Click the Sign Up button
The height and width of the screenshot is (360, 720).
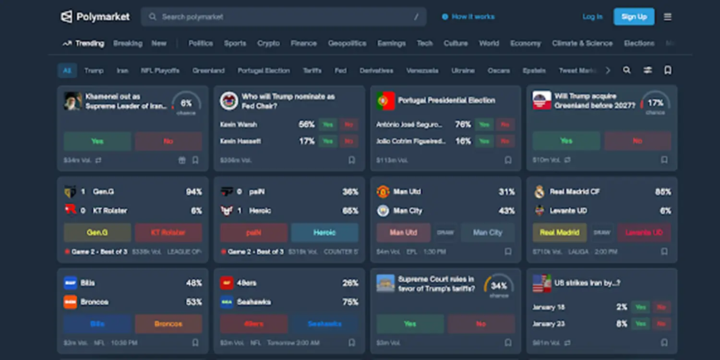[634, 17]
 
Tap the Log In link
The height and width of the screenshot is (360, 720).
[592, 17]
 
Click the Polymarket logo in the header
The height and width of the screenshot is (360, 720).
[95, 17]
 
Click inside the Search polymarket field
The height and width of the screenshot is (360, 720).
[283, 17]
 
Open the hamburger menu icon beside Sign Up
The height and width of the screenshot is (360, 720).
[668, 17]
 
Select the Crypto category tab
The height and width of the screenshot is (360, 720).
[268, 43]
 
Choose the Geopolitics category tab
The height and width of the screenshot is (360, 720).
[347, 43]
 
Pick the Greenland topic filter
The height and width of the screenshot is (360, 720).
[208, 71]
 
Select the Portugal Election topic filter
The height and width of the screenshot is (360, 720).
[264, 71]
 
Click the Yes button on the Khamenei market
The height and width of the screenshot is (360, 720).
[97, 141]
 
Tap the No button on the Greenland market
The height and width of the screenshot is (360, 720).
[637, 141]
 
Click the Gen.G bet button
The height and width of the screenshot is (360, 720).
[97, 232]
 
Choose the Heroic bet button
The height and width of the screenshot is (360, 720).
[324, 232]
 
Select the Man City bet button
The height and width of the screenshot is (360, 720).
[488, 232]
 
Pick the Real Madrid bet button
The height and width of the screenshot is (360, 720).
[560, 232]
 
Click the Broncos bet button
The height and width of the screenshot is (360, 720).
[168, 324]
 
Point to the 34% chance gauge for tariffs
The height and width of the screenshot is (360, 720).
[499, 286]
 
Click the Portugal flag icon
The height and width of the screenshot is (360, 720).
[385, 101]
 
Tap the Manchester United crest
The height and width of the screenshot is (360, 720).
[383, 192]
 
